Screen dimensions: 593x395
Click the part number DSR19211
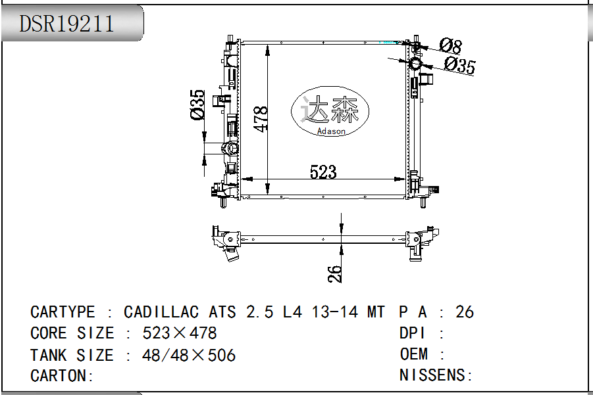click(66, 24)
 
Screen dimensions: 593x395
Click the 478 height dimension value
click(261, 119)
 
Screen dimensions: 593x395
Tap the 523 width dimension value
click(323, 172)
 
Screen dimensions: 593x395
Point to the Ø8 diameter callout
click(451, 46)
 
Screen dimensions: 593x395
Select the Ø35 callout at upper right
click(460, 65)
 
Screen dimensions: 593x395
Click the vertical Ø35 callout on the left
click(197, 105)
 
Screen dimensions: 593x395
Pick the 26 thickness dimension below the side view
click(334, 273)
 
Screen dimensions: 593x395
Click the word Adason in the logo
click(331, 131)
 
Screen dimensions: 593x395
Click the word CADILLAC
click(161, 312)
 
